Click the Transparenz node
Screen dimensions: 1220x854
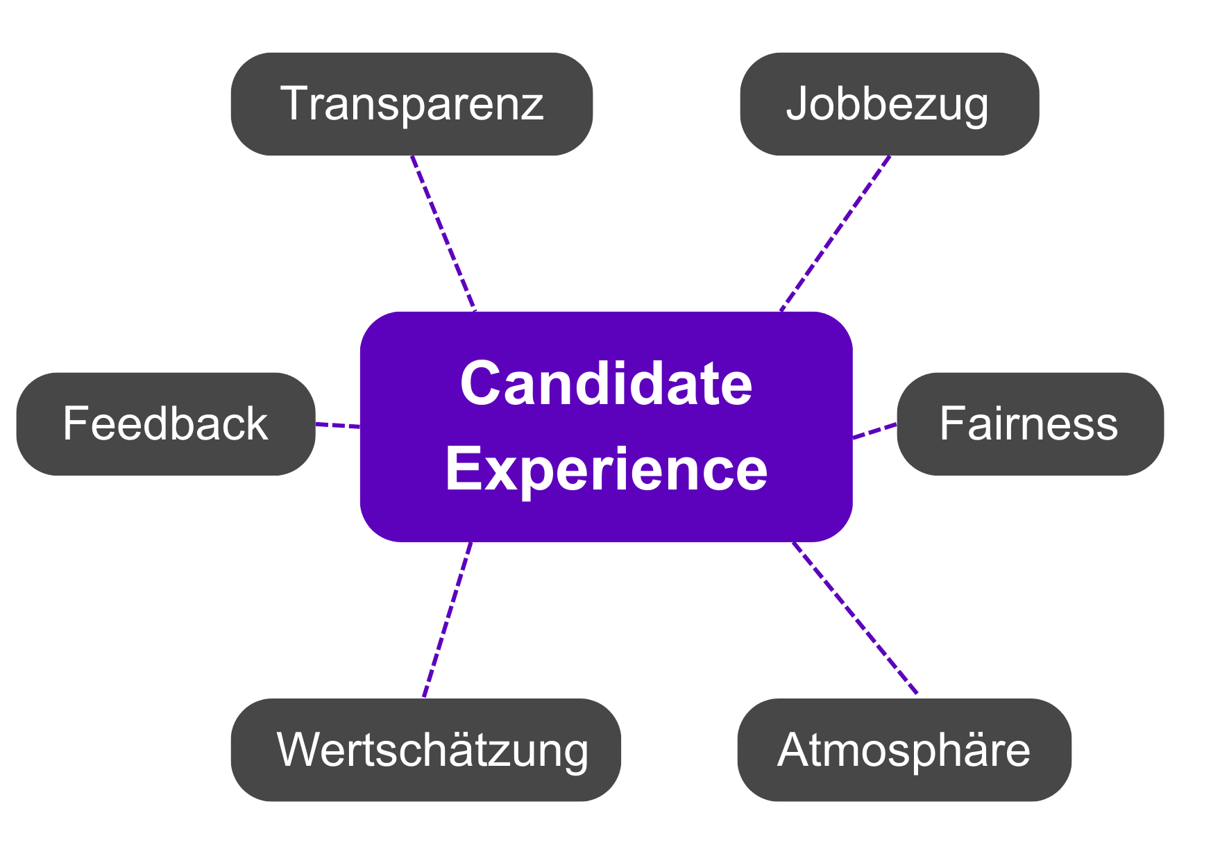(412, 104)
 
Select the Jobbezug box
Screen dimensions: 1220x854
(889, 104)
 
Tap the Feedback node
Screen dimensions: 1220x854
(165, 424)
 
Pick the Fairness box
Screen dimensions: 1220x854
(1029, 424)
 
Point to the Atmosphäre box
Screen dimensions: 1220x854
(904, 750)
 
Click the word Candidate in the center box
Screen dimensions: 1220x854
(606, 384)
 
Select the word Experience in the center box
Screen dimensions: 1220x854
(606, 470)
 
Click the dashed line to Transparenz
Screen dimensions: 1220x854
(443, 233)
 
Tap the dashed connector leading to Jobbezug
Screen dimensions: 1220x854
(835, 233)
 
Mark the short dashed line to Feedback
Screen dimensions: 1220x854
(338, 425)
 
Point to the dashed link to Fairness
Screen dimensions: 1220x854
(874, 430)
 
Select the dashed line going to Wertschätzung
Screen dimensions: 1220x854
(448, 619)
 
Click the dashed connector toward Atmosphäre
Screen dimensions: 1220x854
(855, 618)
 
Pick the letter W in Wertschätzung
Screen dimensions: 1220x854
(297, 750)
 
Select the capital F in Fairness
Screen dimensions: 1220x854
(950, 424)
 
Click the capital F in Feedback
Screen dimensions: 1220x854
(73, 424)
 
